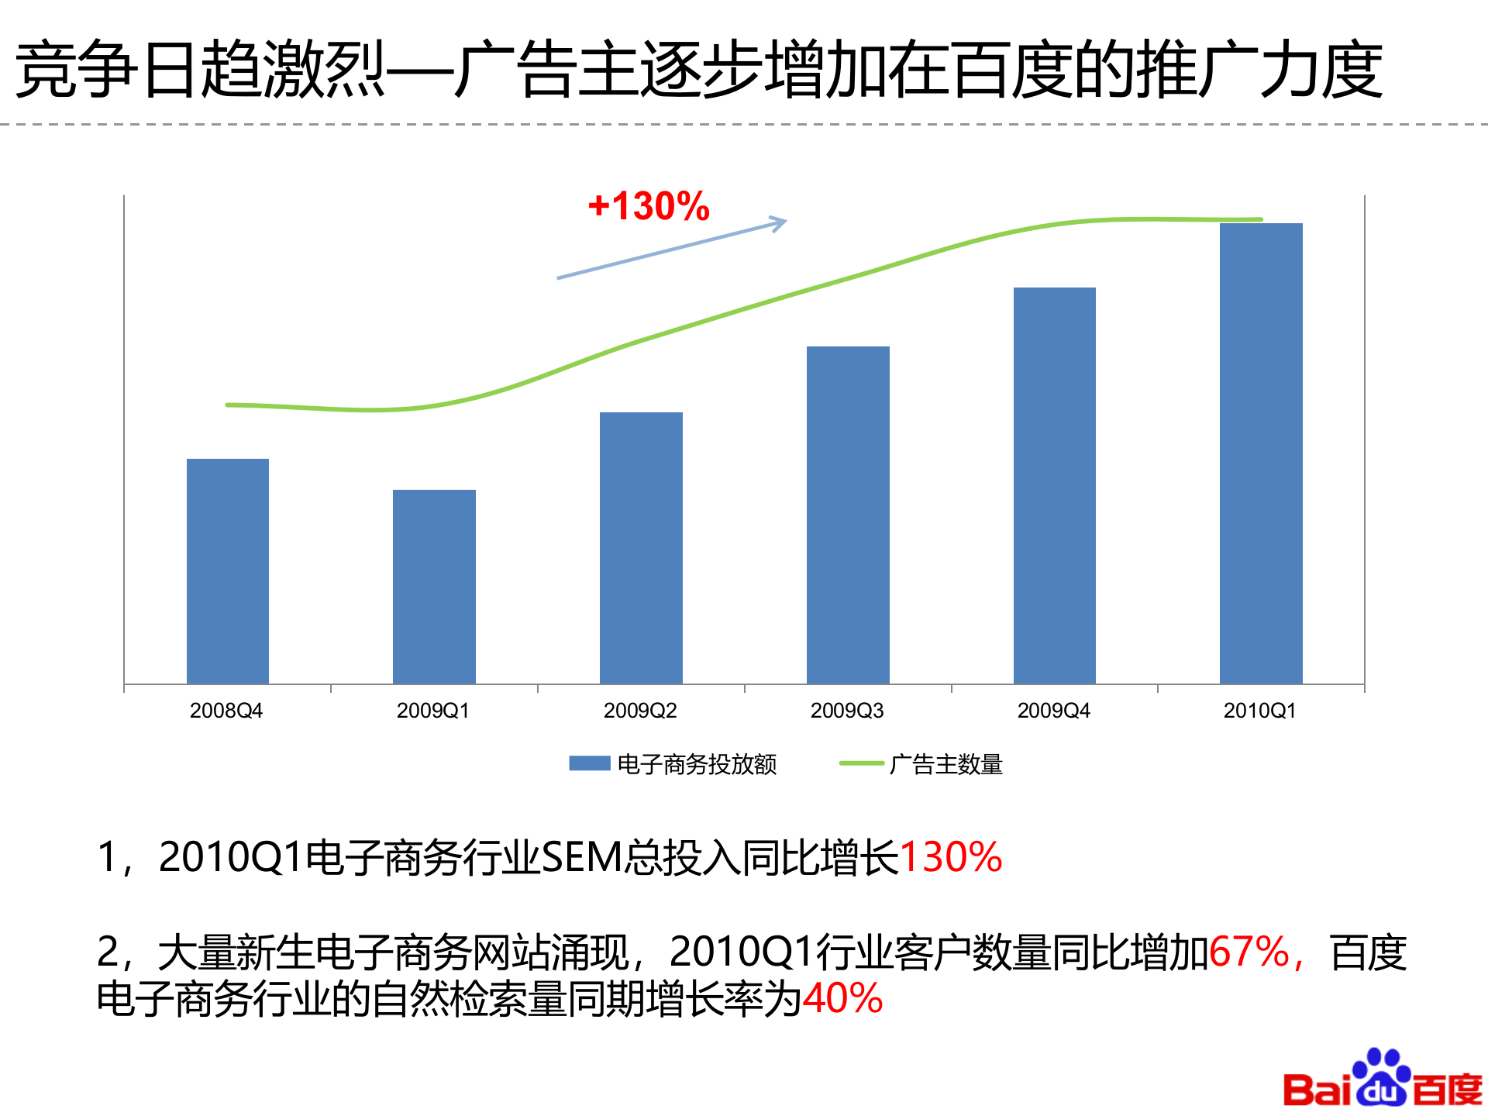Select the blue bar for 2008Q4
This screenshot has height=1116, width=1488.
228,571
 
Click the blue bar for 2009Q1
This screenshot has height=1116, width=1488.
434,587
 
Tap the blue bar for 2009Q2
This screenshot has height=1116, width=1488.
641,548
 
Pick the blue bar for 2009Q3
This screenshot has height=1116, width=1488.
848,515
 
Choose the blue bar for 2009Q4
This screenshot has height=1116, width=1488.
1054,485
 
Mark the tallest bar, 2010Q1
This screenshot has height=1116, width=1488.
1261,453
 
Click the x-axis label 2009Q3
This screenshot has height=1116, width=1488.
847,711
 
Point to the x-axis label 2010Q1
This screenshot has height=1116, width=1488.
1259,711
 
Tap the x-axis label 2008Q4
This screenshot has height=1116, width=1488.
226,711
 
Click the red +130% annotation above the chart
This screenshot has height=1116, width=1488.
649,206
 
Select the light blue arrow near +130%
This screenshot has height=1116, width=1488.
672,250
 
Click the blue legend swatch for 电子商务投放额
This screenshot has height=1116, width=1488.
589,763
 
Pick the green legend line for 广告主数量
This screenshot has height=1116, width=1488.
861,763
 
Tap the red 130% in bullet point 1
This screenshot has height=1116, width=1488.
950,858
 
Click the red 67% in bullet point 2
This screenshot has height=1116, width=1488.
1249,952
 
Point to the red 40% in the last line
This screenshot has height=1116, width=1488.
843,998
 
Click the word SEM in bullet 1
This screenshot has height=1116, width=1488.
581,858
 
